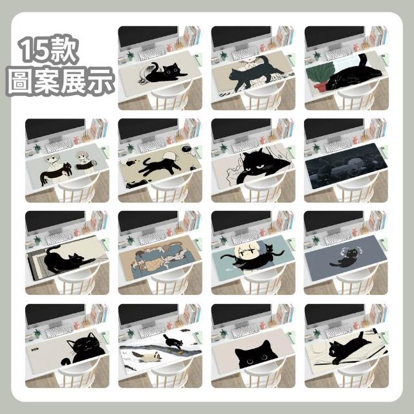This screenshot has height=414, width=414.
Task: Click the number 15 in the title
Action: [35, 50]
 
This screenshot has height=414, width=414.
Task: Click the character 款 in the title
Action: [64, 50]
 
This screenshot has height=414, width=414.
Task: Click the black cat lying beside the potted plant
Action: [354, 75]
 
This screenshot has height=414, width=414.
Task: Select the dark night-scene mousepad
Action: [346, 166]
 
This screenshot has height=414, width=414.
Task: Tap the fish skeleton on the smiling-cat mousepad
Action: [35, 350]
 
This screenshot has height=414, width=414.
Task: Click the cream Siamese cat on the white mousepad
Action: [148, 356]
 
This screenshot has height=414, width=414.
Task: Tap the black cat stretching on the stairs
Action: [67, 259]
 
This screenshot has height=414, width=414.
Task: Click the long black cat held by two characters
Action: [56, 173]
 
